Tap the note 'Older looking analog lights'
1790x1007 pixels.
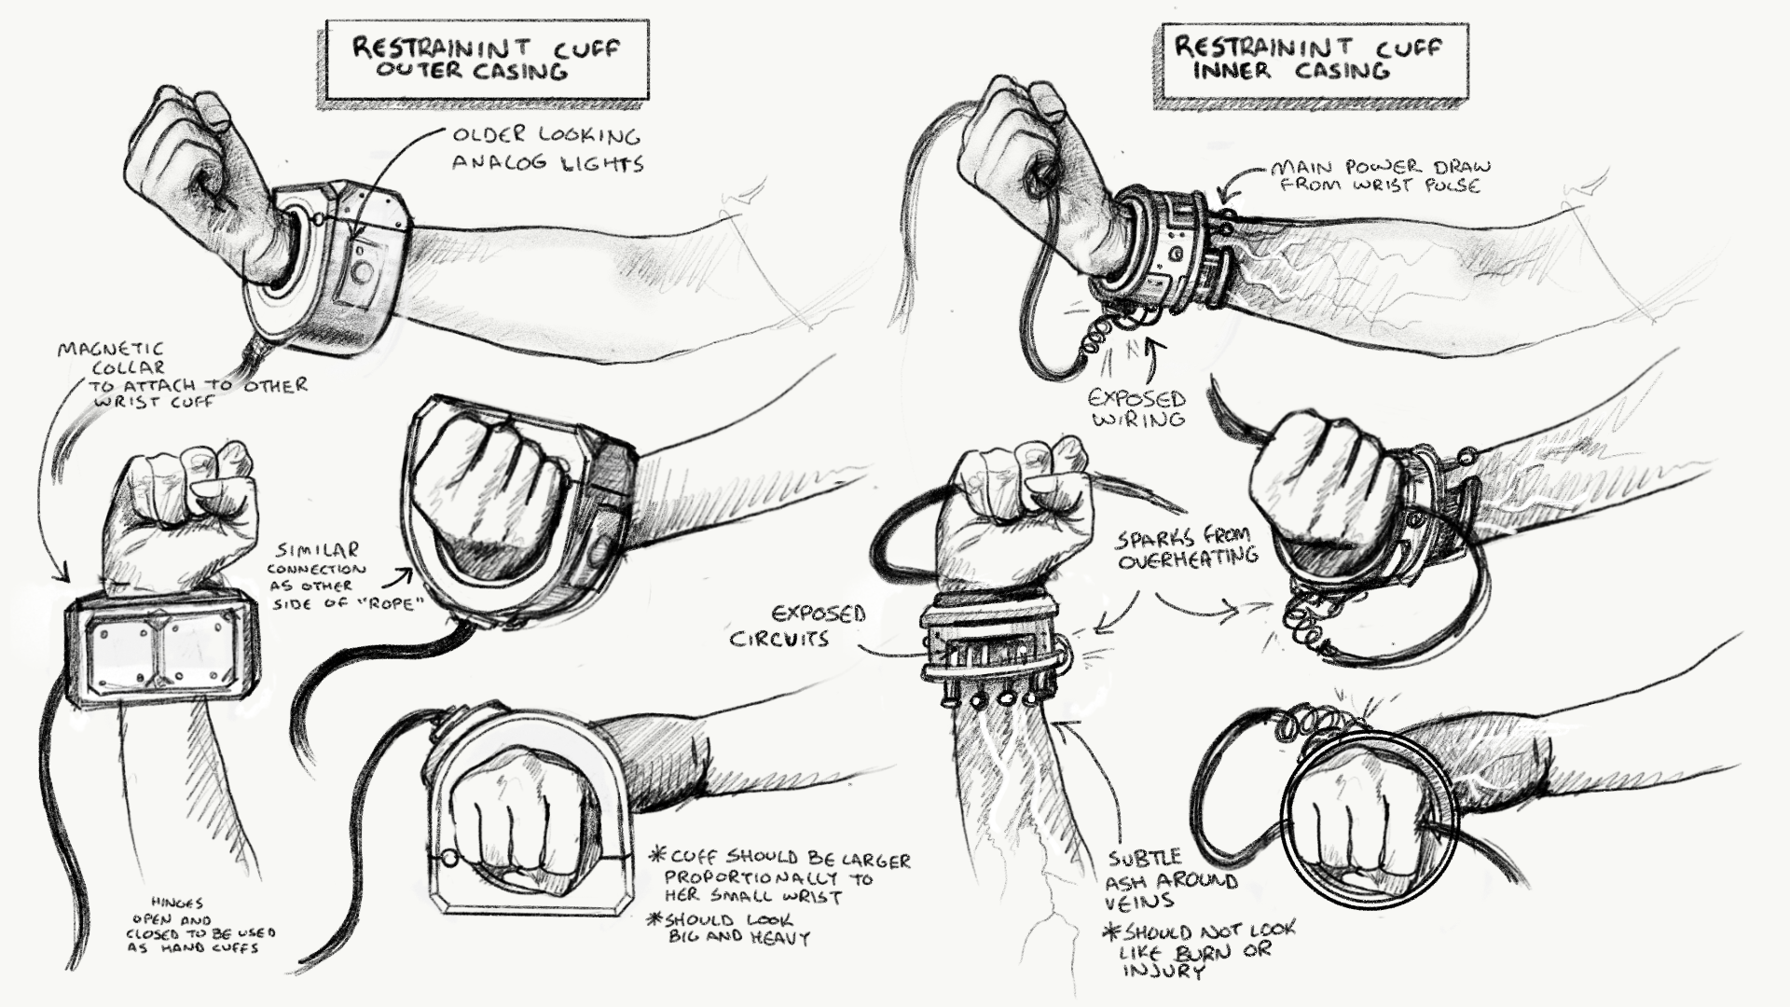click(x=547, y=149)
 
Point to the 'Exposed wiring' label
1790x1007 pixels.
click(x=1137, y=407)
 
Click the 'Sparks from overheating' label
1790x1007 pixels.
click(x=1187, y=549)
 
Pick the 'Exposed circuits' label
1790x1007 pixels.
click(x=797, y=626)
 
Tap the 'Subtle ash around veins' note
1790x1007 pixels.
click(x=1172, y=880)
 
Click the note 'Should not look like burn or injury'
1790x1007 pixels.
click(x=1199, y=950)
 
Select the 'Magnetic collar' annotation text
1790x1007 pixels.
click(x=182, y=375)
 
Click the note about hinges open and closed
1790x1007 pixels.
click(x=200, y=925)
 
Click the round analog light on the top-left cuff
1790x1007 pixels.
click(x=362, y=271)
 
